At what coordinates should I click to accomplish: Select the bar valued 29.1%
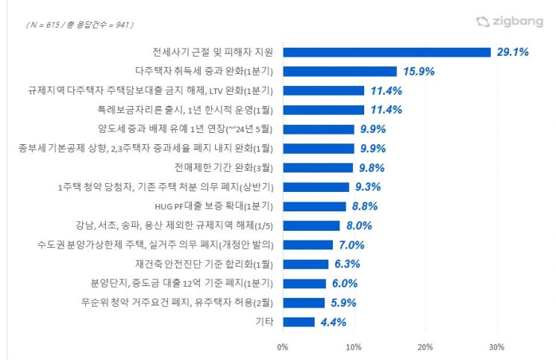point(387,52)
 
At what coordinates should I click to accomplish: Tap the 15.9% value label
point(419,72)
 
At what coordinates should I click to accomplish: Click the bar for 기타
point(299,322)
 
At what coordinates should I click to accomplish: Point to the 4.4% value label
point(333,322)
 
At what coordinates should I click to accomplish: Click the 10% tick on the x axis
point(354,347)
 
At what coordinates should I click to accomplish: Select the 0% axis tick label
point(282,347)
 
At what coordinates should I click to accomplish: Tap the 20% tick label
point(425,347)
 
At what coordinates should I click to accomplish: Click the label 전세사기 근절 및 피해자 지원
point(213,52)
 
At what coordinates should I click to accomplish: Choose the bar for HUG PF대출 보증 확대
point(314,206)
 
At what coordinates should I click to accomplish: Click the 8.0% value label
point(359,226)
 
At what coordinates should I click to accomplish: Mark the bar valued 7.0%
point(307,245)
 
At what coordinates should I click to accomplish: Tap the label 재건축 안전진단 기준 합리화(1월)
point(204,264)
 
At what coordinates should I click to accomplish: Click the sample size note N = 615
point(79,25)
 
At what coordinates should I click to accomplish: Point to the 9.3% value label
point(368,187)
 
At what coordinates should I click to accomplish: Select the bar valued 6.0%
point(304,283)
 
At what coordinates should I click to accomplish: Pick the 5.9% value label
point(344,302)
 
